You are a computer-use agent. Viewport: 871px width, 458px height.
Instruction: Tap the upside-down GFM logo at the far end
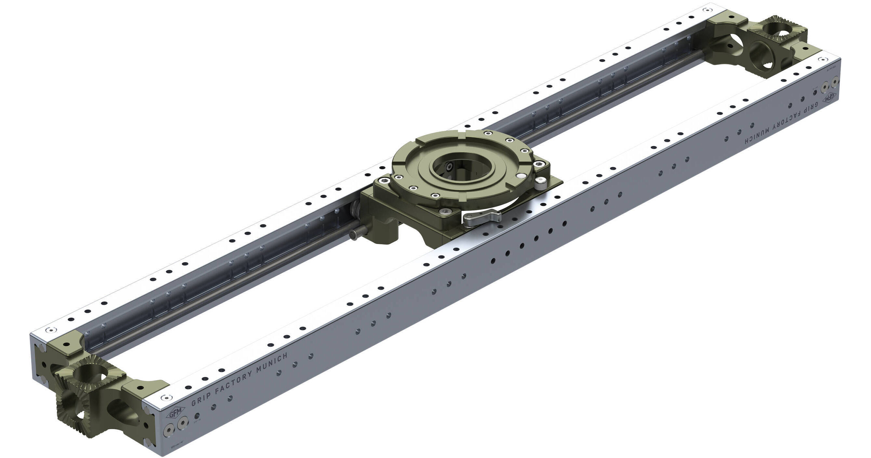click(x=830, y=98)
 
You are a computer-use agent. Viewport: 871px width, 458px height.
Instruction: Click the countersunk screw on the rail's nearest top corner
click(x=165, y=397)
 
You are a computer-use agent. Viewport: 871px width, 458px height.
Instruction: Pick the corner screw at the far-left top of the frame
click(x=51, y=330)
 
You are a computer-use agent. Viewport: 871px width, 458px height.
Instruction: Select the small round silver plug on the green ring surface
click(x=522, y=175)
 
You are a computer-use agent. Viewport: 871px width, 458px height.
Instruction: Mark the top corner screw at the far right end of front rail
click(x=821, y=59)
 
